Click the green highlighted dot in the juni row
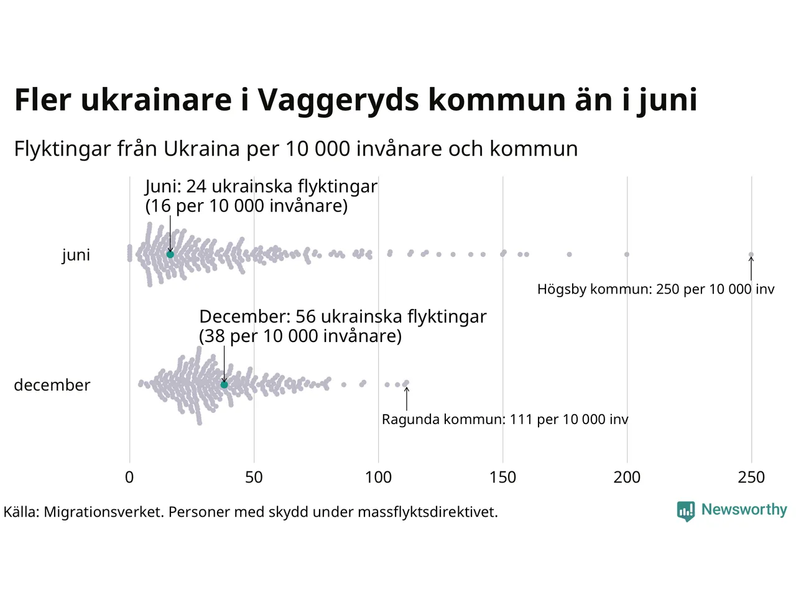click(x=170, y=254)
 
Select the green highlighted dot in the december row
click(x=224, y=385)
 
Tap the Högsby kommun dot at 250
click(x=751, y=254)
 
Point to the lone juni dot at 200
click(x=627, y=254)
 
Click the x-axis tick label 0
click(x=129, y=477)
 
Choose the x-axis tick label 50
click(x=254, y=477)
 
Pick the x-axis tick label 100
click(x=378, y=477)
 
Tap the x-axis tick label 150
click(x=502, y=477)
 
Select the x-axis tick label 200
click(x=627, y=477)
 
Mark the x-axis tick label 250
click(x=751, y=477)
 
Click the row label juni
click(x=76, y=255)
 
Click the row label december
click(x=52, y=385)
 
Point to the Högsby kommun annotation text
click(x=655, y=289)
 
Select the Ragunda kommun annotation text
click(x=505, y=419)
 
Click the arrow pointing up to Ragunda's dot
click(x=407, y=398)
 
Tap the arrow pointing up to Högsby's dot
click(x=751, y=269)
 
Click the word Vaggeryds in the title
click(x=338, y=99)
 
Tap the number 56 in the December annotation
click(x=306, y=317)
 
